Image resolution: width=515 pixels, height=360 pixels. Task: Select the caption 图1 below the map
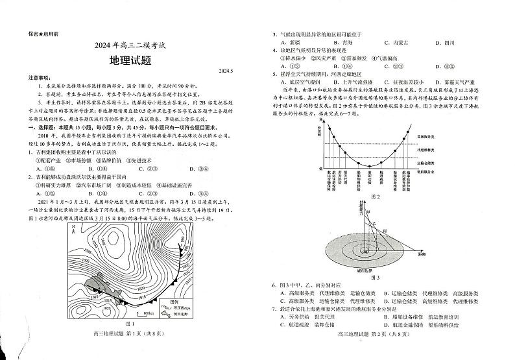click(130, 341)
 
